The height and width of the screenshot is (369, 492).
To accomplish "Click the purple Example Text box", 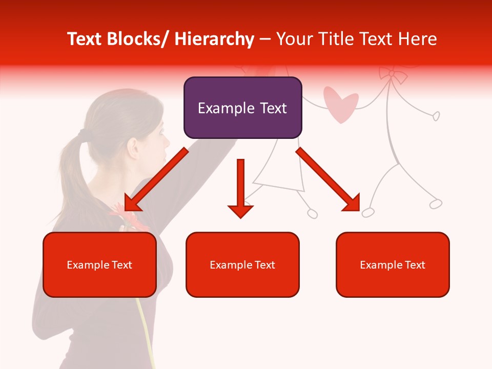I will click(x=242, y=108).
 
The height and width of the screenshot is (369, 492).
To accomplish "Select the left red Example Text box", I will click(x=99, y=264).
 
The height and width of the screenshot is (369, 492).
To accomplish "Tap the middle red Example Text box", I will click(x=242, y=264).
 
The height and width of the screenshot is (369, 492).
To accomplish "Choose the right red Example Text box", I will click(x=393, y=264).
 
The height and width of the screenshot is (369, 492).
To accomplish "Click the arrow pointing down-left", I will click(x=154, y=181).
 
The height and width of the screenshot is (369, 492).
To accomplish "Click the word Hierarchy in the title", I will click(x=214, y=39).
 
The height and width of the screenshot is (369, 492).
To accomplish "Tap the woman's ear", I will click(x=134, y=148).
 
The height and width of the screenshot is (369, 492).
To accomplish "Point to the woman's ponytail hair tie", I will click(x=82, y=134).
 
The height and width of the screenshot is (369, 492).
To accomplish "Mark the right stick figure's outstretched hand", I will click(x=436, y=116).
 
